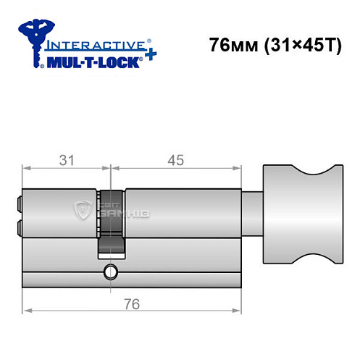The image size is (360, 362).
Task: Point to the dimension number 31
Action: click(67, 160)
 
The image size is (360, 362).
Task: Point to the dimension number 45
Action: click(175, 160)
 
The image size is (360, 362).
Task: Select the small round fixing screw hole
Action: click(110, 273)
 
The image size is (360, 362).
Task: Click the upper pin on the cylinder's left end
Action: click(18, 204)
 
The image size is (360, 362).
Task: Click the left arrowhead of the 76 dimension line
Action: click(27, 313)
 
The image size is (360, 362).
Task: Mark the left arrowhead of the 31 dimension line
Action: click(27, 169)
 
